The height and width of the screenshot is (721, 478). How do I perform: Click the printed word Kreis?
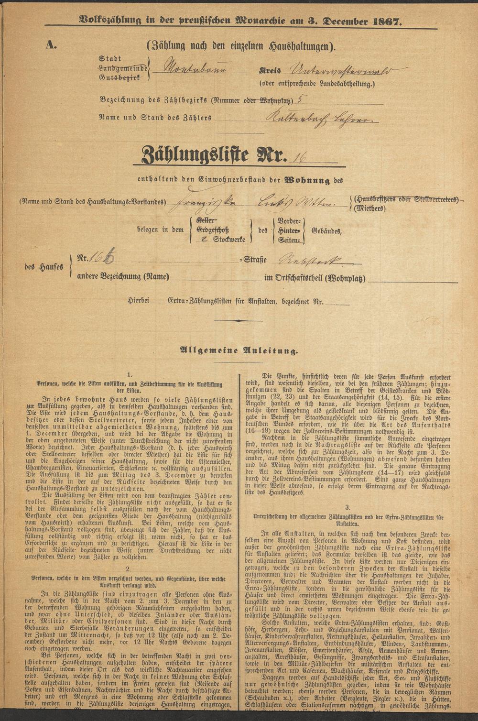[x=269, y=70]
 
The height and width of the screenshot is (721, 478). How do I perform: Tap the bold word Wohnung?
[x=308, y=181]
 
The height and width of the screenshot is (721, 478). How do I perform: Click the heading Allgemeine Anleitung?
[x=239, y=350]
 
